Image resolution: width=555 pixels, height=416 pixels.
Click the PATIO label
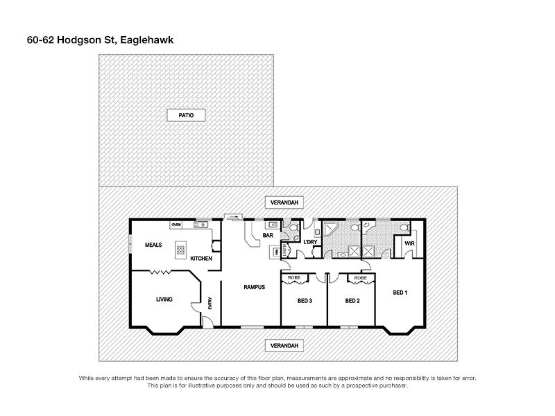pos(186,114)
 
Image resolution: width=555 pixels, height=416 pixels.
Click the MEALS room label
pos(153,245)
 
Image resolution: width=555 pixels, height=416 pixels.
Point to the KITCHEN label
pos(201,259)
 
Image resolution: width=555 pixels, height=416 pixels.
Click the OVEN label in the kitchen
pos(176,225)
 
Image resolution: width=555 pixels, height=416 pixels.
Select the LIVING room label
pos(164,300)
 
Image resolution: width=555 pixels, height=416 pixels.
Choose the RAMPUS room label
pos(254,286)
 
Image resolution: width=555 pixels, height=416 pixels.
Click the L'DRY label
pos(310,242)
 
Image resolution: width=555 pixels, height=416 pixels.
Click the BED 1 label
pos(401,293)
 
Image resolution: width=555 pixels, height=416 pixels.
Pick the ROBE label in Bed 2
pos(360,278)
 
